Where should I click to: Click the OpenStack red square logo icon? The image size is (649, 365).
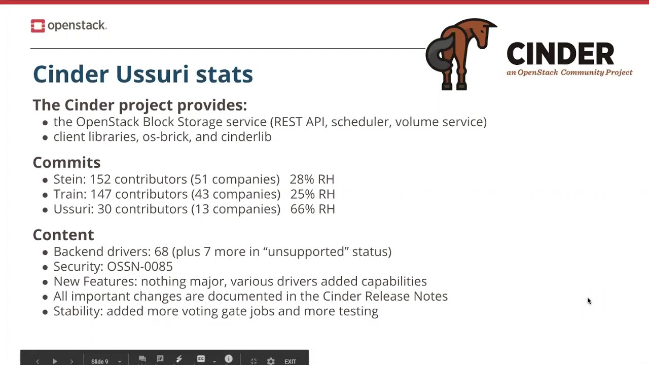(38, 26)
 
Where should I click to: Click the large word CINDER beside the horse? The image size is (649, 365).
(560, 54)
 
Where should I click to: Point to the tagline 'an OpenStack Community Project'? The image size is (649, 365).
(569, 72)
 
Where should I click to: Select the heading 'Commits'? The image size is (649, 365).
(66, 162)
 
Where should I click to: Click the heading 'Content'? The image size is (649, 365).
(63, 235)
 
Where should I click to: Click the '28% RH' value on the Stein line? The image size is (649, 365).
(312, 179)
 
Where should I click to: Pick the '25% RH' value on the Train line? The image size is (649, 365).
(312, 194)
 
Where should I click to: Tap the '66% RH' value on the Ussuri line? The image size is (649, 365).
(312, 209)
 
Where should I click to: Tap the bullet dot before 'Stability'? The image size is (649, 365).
(46, 311)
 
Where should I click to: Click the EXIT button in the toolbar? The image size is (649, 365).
(290, 361)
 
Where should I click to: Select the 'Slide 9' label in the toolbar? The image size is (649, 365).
(99, 361)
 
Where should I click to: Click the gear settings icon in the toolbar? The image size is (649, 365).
(271, 361)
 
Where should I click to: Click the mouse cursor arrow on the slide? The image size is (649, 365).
(589, 301)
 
